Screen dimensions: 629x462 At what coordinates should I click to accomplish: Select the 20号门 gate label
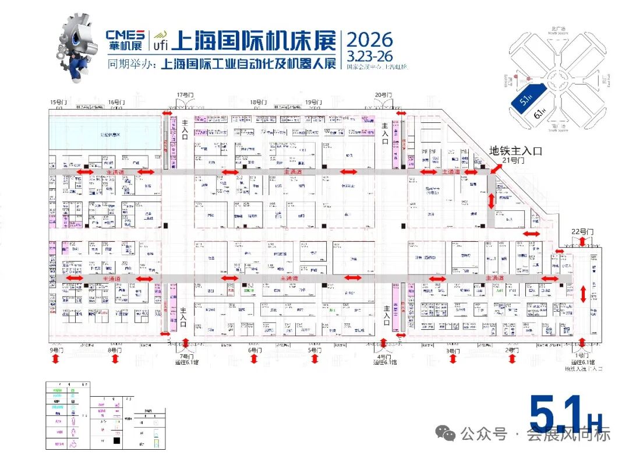coord(383,94)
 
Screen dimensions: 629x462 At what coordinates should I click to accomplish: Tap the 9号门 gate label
coord(56,350)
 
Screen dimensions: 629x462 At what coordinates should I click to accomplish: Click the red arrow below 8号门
coord(115,359)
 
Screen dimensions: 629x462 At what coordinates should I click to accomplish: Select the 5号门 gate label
coord(314,350)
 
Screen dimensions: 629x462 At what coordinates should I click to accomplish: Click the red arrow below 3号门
coord(451,359)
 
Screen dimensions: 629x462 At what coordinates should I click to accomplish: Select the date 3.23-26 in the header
coord(370,56)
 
